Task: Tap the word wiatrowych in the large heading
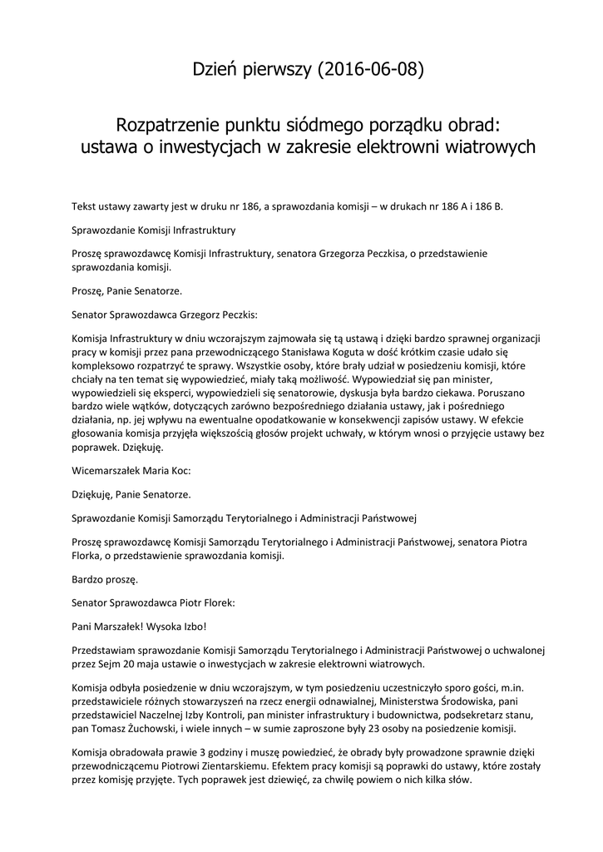(478, 147)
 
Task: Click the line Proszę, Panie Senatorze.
(126, 290)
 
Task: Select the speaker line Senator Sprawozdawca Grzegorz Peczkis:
(165, 316)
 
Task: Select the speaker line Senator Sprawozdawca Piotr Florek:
(153, 602)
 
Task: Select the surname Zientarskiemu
(255, 766)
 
